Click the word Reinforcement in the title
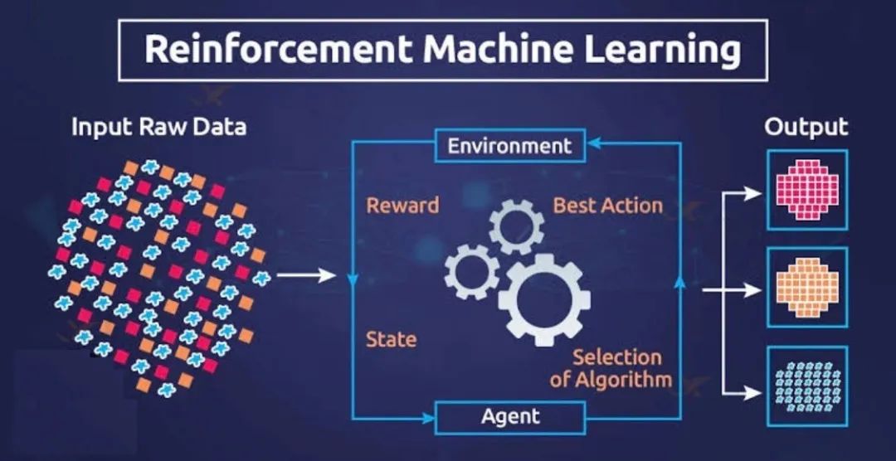click(276, 50)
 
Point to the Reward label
click(403, 205)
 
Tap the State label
click(392, 340)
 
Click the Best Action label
click(608, 205)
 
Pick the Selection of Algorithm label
click(611, 368)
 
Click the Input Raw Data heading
click(158, 127)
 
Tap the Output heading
click(806, 128)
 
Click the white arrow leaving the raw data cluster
click(306, 276)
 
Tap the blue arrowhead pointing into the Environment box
click(594, 143)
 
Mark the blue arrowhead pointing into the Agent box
click(428, 419)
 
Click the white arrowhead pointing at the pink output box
click(755, 194)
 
